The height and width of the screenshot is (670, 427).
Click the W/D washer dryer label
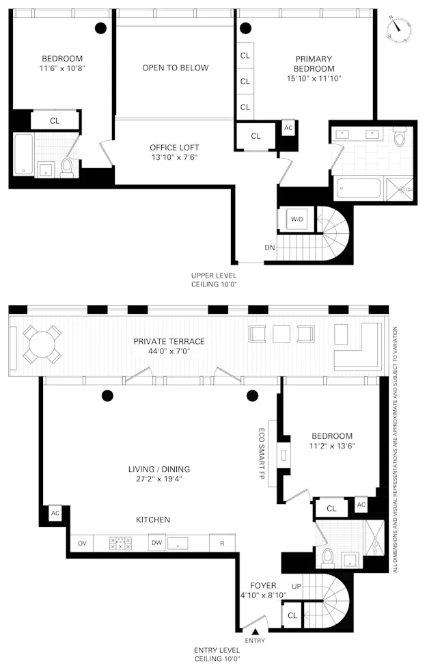coord(297,219)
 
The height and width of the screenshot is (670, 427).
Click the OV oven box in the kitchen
coord(83,543)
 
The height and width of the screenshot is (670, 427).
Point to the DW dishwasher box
coord(156,543)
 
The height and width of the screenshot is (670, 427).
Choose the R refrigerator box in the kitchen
coord(222,543)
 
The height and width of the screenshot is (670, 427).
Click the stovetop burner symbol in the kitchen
coord(120,543)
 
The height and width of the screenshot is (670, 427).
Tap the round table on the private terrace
coord(42,345)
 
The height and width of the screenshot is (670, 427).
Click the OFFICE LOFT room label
coord(174,147)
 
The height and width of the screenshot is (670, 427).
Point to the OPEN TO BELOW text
coord(175,68)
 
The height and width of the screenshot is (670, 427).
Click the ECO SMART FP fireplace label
coord(262,451)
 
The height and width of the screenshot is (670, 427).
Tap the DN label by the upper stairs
coord(270,247)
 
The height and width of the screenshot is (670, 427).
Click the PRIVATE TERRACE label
coord(169,341)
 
